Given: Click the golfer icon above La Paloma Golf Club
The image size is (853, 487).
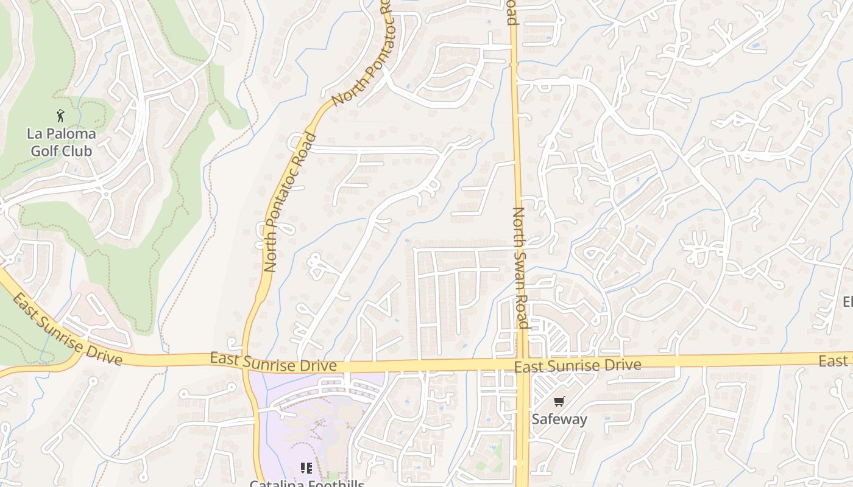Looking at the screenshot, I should (60, 116).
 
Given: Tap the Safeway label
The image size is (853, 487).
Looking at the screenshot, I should (559, 419).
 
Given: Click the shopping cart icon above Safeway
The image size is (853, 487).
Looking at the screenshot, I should (559, 401).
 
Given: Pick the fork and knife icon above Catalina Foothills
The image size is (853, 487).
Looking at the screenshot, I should (306, 468).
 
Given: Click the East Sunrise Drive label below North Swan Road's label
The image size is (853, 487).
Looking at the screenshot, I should (578, 365).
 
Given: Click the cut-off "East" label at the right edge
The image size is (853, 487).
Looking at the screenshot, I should (835, 361).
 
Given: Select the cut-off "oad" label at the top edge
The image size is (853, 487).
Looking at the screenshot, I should (512, 12).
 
